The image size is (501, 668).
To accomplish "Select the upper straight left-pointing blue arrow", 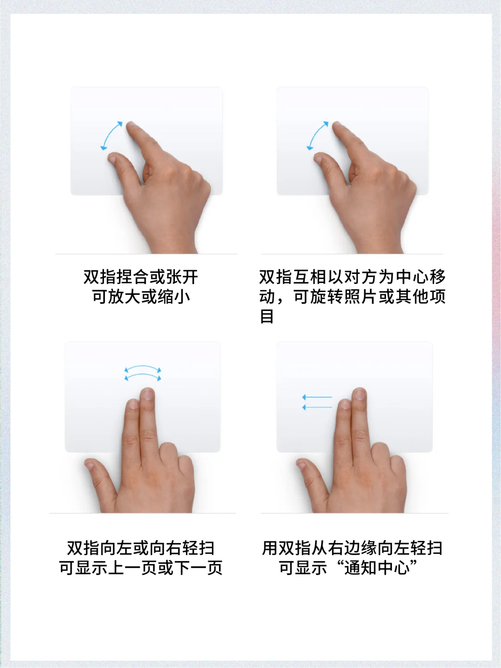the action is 317,397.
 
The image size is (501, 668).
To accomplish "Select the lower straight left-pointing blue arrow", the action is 317,407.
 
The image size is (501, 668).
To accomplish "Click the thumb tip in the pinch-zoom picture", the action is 112,158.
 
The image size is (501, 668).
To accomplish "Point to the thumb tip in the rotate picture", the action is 318,158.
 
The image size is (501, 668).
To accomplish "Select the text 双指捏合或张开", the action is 141,277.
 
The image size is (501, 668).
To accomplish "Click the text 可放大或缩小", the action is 141,297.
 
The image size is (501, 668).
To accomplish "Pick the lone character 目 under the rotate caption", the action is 267,317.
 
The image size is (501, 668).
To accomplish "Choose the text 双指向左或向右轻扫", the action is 141,548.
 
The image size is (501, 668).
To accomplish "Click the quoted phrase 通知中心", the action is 377,568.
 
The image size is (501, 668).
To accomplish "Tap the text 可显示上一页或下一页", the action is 141,568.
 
